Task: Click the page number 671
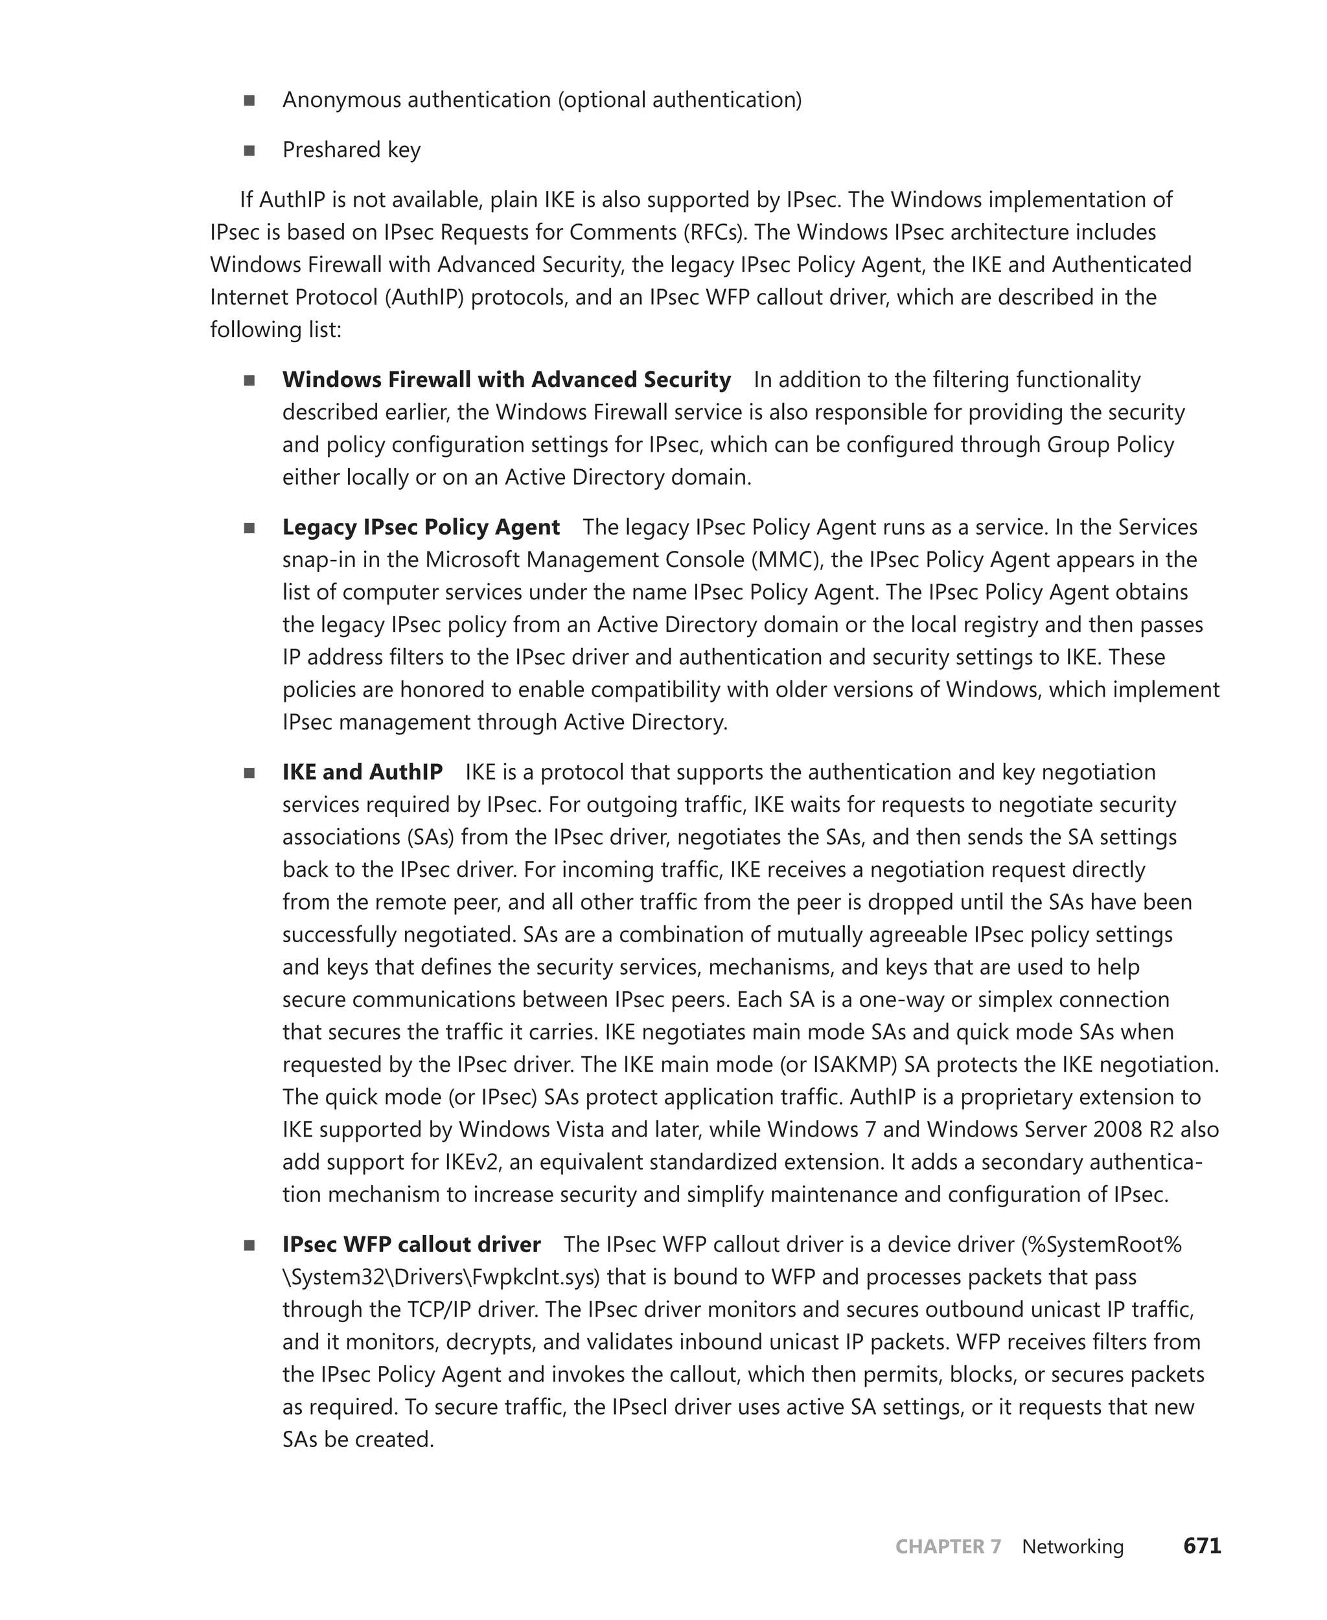(1202, 1546)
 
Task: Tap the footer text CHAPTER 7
(947, 1547)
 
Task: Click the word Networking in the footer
(1072, 1547)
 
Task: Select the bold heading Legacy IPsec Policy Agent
(421, 527)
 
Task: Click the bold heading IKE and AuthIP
(362, 772)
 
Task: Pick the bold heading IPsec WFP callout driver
(411, 1245)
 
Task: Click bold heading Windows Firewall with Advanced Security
(506, 379)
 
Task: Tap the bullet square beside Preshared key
(249, 150)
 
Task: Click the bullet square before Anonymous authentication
(249, 101)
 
